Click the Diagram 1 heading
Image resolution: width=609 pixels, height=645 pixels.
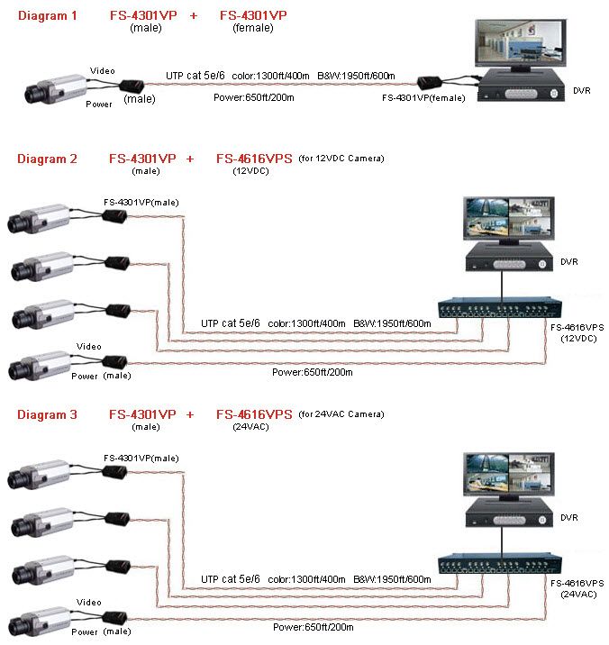pyautogui.click(x=47, y=16)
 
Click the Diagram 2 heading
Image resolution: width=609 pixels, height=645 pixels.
pyautogui.click(x=47, y=159)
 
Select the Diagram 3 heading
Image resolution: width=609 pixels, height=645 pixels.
pyautogui.click(x=47, y=414)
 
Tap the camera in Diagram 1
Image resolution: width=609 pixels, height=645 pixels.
pyautogui.click(x=56, y=88)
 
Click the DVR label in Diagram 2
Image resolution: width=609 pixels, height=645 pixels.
pyautogui.click(x=568, y=262)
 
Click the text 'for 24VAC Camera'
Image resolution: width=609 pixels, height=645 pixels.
pyautogui.click(x=341, y=414)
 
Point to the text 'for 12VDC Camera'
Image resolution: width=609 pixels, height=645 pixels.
pyautogui.click(x=341, y=159)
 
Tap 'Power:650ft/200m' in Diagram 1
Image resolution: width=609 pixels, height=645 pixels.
pyautogui.click(x=255, y=96)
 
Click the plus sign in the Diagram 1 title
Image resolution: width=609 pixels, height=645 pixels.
pyautogui.click(x=193, y=16)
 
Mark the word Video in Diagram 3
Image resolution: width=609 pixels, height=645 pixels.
pyautogui.click(x=89, y=602)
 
